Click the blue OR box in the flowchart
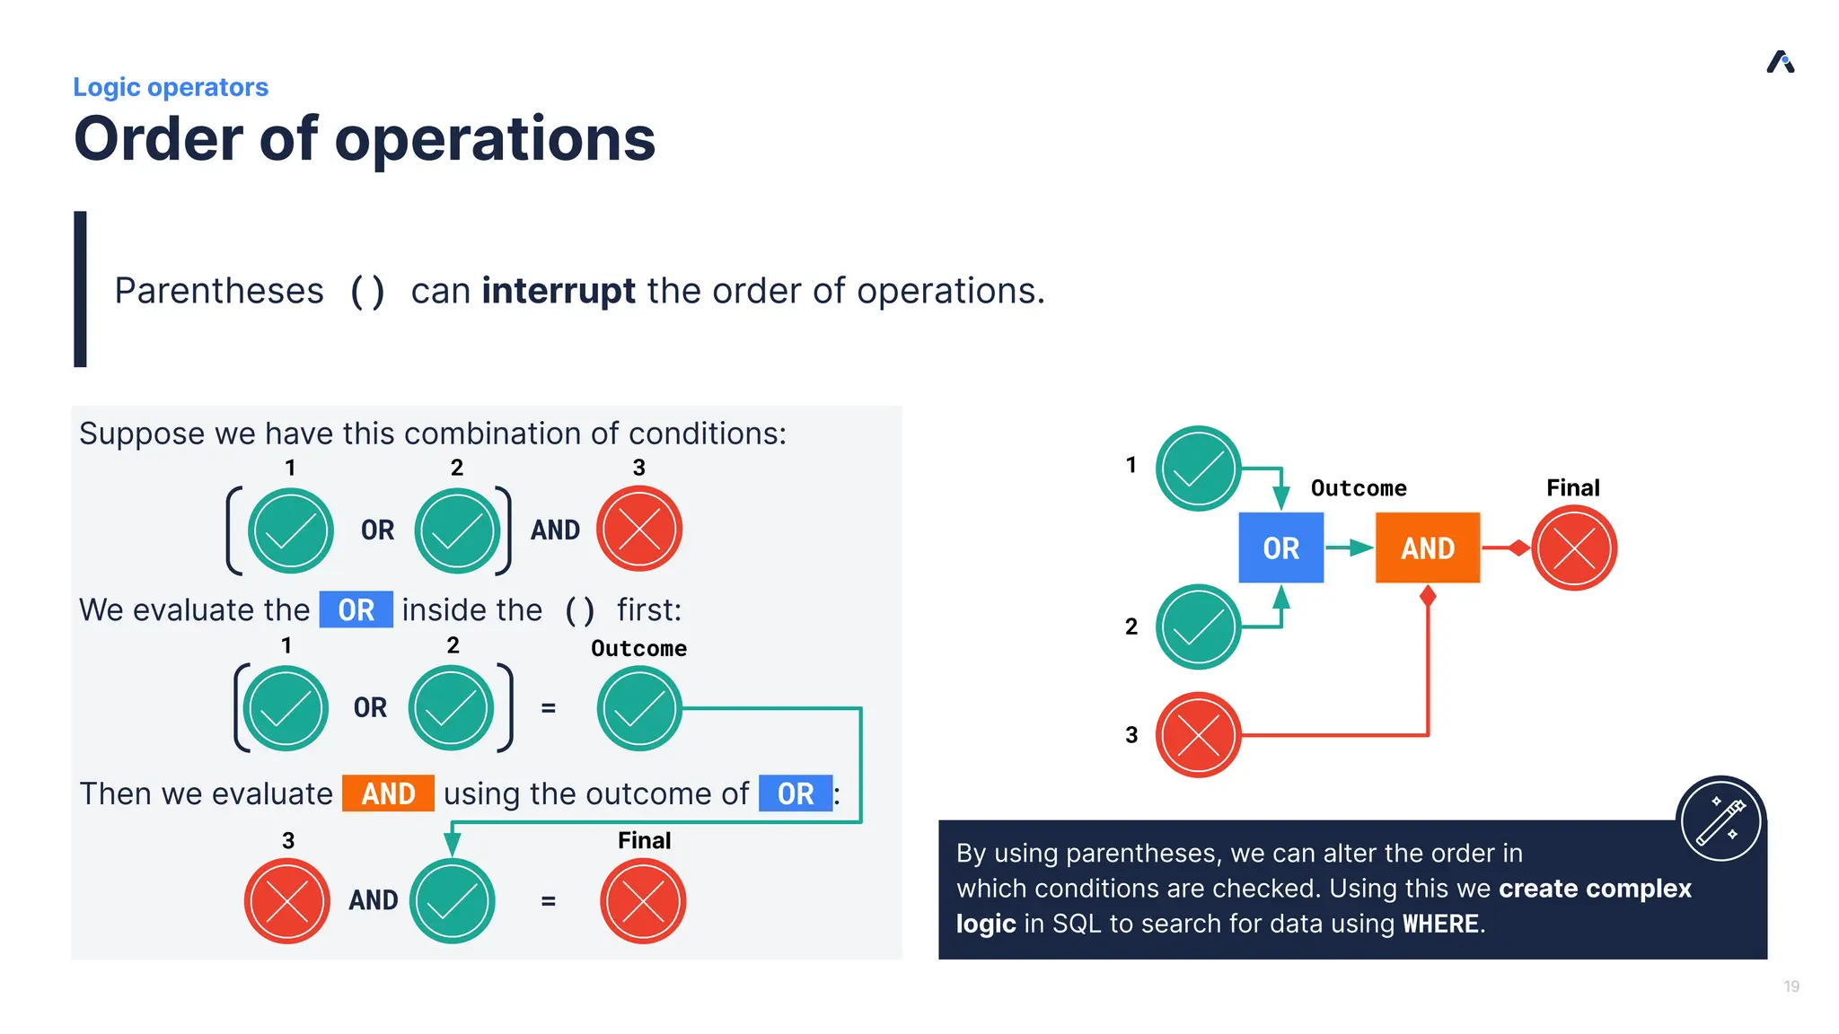pyautogui.click(x=1280, y=548)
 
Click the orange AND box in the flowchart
pyautogui.click(x=1427, y=548)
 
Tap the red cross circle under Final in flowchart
pyautogui.click(x=1573, y=548)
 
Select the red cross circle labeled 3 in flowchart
pyautogui.click(x=1198, y=735)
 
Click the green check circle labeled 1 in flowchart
pyautogui.click(x=1198, y=469)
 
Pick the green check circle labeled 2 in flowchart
pyautogui.click(x=1198, y=627)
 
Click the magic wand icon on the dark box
pyautogui.click(x=1720, y=819)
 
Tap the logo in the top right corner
pyautogui.click(x=1780, y=62)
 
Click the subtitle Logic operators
pyautogui.click(x=171, y=87)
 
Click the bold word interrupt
pyautogui.click(x=558, y=291)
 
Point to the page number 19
pyautogui.click(x=1791, y=986)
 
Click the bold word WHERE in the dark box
pyautogui.click(x=1440, y=924)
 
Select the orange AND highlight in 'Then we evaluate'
pyautogui.click(x=388, y=793)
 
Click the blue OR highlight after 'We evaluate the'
pyautogui.click(x=356, y=609)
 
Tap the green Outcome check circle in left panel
pyautogui.click(x=639, y=708)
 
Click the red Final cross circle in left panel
pyautogui.click(x=643, y=901)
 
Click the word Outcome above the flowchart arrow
pyautogui.click(x=1359, y=488)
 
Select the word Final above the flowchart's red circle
pyautogui.click(x=1572, y=487)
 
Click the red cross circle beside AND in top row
pyautogui.click(x=639, y=530)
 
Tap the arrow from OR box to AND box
pyautogui.click(x=1349, y=548)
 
